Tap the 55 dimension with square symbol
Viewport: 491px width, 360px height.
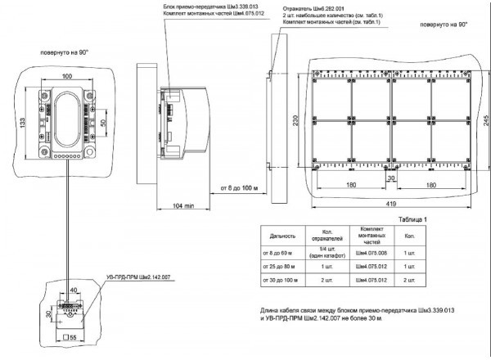click(69, 336)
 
